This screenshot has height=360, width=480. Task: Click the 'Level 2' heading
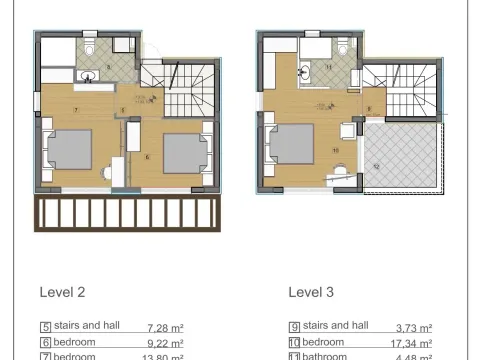(x=61, y=293)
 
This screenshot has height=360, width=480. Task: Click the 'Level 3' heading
(x=310, y=293)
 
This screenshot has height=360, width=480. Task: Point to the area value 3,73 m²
(x=412, y=327)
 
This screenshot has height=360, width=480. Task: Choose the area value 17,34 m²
(x=410, y=342)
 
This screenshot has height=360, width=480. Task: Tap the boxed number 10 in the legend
(x=294, y=342)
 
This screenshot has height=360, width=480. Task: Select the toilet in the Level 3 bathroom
(x=342, y=45)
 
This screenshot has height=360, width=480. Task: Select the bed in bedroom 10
(x=292, y=145)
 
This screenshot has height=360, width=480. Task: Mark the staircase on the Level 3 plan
(x=401, y=89)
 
